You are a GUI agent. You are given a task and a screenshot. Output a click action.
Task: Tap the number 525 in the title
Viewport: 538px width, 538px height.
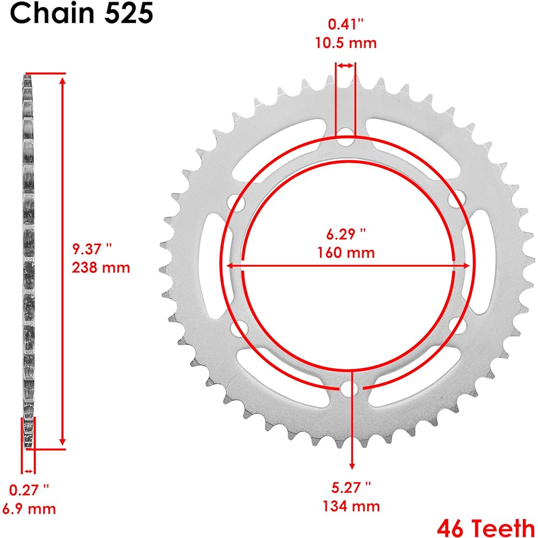point(129,15)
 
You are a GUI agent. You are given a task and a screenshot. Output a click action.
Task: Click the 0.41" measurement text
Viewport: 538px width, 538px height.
point(346,24)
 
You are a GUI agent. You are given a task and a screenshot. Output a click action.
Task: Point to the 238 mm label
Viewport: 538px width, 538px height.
point(101,267)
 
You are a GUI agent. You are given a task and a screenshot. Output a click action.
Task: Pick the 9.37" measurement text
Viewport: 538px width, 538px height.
point(93,249)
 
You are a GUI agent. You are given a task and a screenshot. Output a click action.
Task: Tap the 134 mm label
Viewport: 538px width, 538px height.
point(351,506)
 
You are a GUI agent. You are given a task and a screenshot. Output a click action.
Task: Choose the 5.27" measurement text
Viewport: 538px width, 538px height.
point(351,487)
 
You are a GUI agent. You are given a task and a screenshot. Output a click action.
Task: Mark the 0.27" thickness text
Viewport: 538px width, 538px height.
point(29,490)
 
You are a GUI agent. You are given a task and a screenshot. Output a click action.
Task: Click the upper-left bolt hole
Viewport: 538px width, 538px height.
point(237,203)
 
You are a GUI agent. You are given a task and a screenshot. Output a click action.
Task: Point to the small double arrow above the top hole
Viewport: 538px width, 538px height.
point(345,66)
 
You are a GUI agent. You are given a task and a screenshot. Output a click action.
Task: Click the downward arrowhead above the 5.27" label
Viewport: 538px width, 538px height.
point(352,464)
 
